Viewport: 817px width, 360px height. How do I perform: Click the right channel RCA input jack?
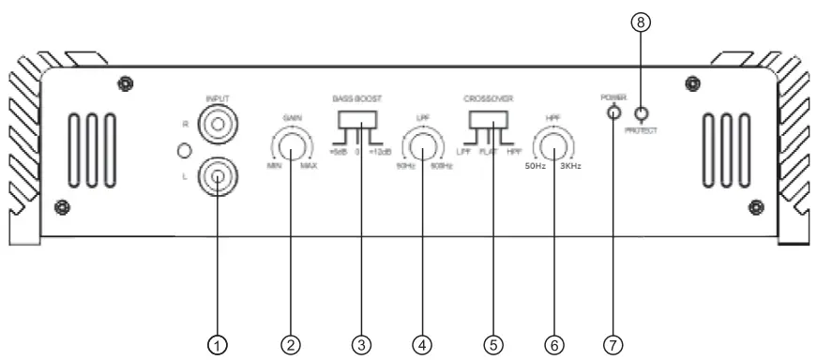click(217, 123)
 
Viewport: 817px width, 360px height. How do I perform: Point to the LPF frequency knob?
click(423, 147)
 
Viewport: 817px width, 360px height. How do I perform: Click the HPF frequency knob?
click(553, 147)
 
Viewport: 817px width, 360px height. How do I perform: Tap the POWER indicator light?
click(613, 113)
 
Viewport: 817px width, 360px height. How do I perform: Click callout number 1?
click(217, 344)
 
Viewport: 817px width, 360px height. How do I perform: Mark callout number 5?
click(491, 344)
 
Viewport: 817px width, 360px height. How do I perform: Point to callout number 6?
click(554, 344)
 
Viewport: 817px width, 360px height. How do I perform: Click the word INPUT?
click(217, 96)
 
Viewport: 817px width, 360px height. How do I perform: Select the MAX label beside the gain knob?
click(309, 167)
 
